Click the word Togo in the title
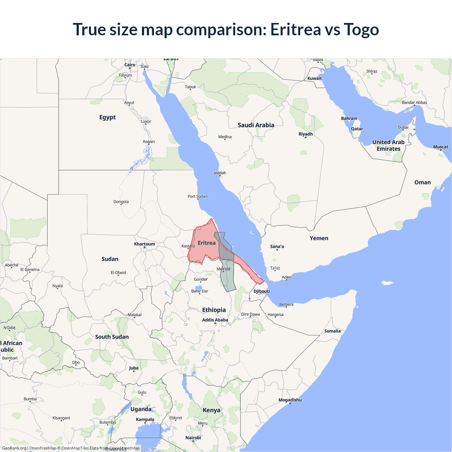(x=361, y=29)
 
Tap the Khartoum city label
(x=144, y=244)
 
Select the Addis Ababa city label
(x=215, y=320)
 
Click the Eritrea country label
(x=207, y=243)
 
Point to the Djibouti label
(x=262, y=291)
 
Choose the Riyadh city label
(x=305, y=134)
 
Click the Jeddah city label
(x=220, y=173)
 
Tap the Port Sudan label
(x=197, y=196)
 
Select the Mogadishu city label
(x=290, y=400)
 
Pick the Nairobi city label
(x=193, y=438)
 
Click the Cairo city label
(x=130, y=65)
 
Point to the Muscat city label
(x=441, y=147)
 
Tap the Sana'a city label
(x=277, y=246)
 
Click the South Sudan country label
(x=112, y=337)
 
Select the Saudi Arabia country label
(x=256, y=125)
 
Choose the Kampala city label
(x=145, y=420)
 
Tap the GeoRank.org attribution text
(x=14, y=448)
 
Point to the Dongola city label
(x=121, y=202)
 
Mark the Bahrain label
(x=349, y=119)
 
